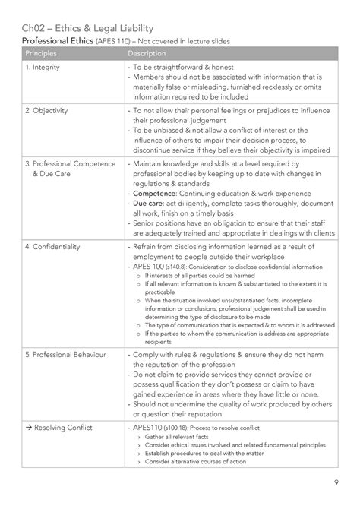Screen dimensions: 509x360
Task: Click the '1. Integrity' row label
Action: click(x=44, y=68)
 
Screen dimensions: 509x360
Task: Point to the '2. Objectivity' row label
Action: click(x=47, y=110)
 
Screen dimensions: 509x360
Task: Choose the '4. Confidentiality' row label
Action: click(x=53, y=247)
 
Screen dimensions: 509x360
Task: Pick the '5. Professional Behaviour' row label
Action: click(x=65, y=355)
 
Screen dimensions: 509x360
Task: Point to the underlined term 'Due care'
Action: click(x=148, y=204)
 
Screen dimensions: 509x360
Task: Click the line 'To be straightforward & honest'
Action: click(x=190, y=68)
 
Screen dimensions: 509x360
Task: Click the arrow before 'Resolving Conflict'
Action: click(x=27, y=428)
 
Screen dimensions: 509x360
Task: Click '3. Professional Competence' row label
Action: click(x=70, y=163)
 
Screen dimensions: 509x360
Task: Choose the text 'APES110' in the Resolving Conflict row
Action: click(x=147, y=428)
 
